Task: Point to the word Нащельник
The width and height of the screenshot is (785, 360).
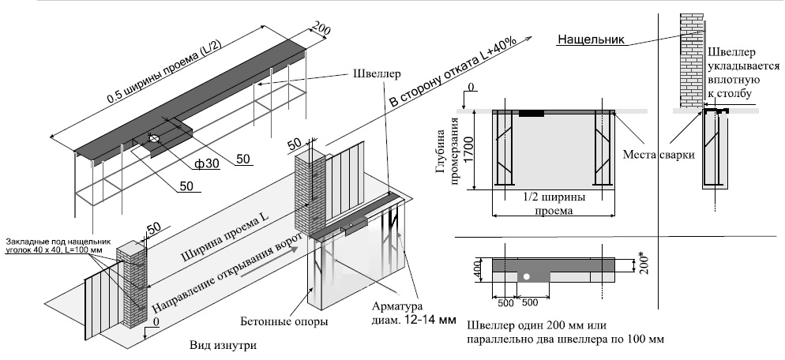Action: click(591, 39)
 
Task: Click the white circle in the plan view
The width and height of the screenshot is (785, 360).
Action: click(524, 277)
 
